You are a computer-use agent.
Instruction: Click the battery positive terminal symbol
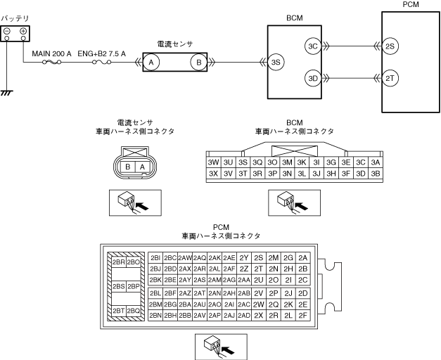pos(23,32)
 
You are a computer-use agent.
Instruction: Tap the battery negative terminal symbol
pos(7,32)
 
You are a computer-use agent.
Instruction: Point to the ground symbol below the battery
pos(7,92)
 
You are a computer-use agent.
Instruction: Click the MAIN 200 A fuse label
pos(52,53)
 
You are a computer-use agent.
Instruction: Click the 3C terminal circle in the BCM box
pos(313,46)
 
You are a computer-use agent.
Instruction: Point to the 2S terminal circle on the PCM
pos(391,46)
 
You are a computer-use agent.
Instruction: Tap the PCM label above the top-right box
pos(410,5)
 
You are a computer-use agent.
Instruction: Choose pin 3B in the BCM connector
pos(375,173)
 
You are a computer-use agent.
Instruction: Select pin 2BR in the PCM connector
pos(118,262)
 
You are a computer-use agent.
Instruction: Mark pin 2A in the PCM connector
pos(303,258)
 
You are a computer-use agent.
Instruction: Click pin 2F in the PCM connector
pos(303,316)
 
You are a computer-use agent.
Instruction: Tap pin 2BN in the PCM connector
pos(156,316)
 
